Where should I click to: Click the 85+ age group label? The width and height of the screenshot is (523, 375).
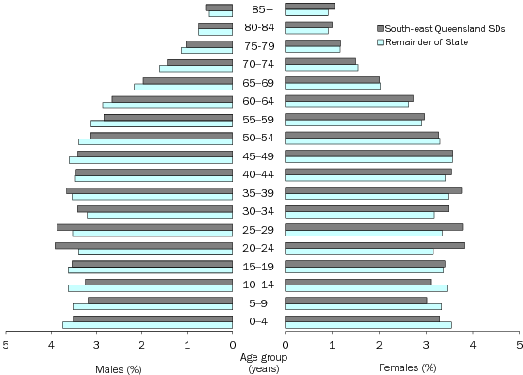[258, 9]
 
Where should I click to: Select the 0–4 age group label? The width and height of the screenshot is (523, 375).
[258, 321]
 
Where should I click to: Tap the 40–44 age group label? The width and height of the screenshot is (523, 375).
[258, 174]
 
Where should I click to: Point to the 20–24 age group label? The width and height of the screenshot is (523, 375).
[258, 248]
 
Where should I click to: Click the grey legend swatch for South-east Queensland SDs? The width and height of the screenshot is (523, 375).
[379, 29]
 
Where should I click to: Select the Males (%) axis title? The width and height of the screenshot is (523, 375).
[118, 367]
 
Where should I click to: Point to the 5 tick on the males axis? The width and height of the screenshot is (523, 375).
[7, 345]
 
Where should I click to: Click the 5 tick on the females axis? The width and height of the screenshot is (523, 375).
[517, 345]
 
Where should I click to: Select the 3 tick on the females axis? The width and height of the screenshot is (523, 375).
[425, 345]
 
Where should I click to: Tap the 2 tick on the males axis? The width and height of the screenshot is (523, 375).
[142, 345]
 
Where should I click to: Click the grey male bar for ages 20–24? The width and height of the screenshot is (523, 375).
[143, 245]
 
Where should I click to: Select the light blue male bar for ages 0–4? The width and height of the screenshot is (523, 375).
[147, 325]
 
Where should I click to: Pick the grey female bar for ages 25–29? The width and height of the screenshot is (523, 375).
[373, 227]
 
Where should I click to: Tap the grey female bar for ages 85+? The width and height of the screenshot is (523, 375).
[309, 7]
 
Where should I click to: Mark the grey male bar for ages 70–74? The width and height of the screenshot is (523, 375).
[200, 61]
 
